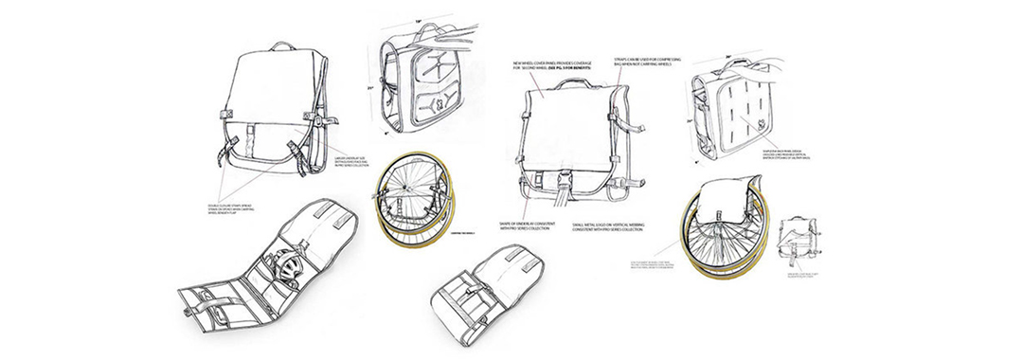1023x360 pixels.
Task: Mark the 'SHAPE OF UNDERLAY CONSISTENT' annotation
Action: coord(527,227)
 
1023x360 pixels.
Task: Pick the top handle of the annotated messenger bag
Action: coord(569,83)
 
